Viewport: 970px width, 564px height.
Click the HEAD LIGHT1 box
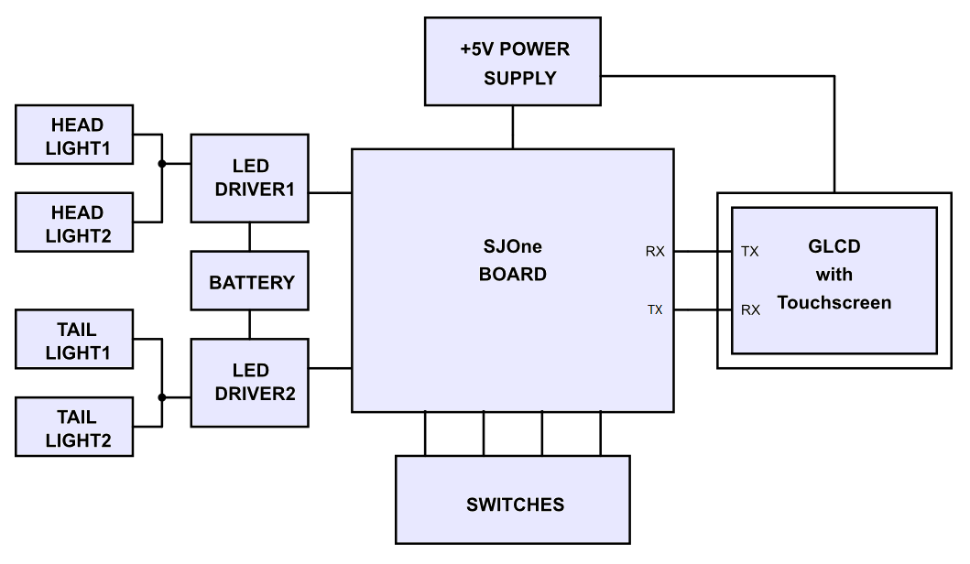[74, 135]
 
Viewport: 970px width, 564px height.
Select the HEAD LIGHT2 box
[74, 222]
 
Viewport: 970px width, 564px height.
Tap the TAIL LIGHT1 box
[74, 340]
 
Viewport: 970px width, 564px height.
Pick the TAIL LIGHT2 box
[74, 428]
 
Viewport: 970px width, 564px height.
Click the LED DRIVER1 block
[250, 179]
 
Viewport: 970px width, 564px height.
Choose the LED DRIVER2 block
[250, 383]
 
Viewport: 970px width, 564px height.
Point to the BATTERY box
[250, 281]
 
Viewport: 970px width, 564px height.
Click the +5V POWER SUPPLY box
[513, 61]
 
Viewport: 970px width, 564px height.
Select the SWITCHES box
[513, 500]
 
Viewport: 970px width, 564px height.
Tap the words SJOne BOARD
[513, 260]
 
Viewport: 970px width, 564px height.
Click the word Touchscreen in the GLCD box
[834, 302]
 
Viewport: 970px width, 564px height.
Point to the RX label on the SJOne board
[655, 251]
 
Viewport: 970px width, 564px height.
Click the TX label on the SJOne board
[655, 309]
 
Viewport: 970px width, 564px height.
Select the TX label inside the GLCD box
[750, 251]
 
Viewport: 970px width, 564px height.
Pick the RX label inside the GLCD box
[750, 309]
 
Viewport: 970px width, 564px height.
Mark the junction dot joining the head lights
[162, 164]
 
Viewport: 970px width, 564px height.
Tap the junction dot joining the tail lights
[162, 397]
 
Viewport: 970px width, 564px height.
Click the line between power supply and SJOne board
[513, 127]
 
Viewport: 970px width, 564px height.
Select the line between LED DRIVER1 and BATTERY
[250, 237]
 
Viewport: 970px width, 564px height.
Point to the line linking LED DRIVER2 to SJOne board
[331, 369]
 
